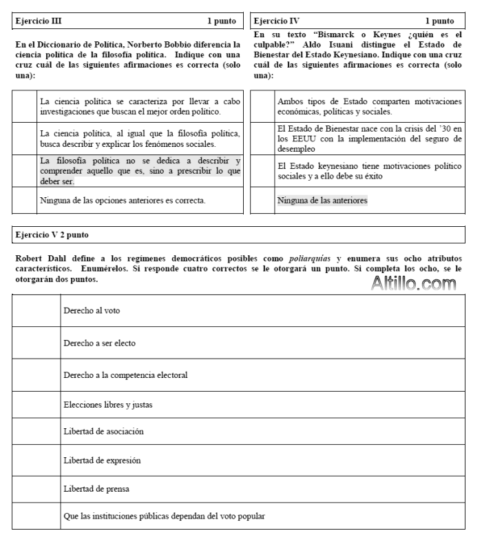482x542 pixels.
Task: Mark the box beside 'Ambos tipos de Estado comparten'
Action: click(263, 106)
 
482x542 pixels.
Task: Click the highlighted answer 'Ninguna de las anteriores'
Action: click(322, 201)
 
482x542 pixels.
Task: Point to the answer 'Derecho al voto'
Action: click(90, 310)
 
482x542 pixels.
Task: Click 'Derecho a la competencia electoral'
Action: click(125, 374)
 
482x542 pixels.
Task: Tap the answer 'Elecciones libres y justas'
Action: click(108, 405)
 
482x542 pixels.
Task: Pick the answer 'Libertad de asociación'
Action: click(104, 432)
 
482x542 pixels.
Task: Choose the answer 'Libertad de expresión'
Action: click(103, 459)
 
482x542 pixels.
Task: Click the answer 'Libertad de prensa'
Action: click(96, 489)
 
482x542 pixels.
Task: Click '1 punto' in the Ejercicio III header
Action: click(222, 21)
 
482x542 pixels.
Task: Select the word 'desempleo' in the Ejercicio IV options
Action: click(296, 148)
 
